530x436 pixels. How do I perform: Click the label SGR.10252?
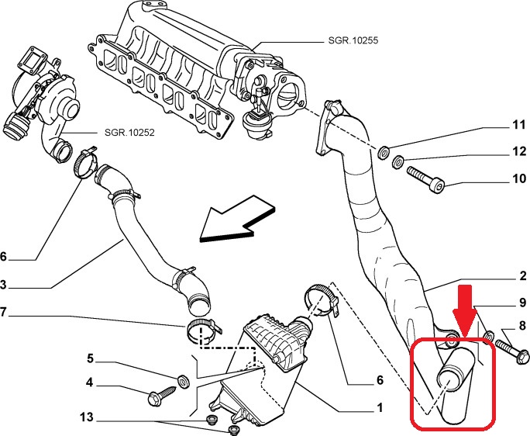[129, 133]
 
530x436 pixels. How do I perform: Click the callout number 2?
[523, 275]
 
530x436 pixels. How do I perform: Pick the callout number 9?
[523, 303]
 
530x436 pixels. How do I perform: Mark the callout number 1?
[379, 406]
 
